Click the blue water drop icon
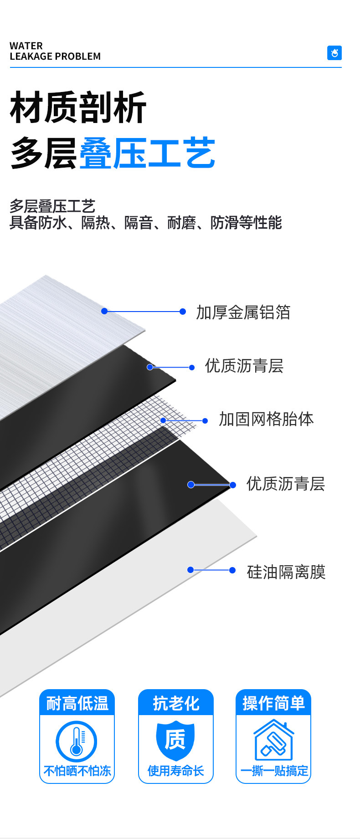tap(334, 53)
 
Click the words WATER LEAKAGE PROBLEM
tap(55, 51)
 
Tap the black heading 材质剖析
tap(78, 107)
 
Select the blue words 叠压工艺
tap(147, 153)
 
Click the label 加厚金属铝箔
tap(243, 312)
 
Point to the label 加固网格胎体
tap(266, 419)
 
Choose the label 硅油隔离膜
tap(286, 572)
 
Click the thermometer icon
tap(77, 742)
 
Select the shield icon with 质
tap(175, 740)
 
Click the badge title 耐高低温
tap(77, 703)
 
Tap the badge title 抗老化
tap(176, 703)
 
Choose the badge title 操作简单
tap(273, 703)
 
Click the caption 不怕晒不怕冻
tap(77, 771)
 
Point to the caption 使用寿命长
tap(176, 771)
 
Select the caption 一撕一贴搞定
tap(274, 771)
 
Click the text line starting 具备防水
tap(146, 223)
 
